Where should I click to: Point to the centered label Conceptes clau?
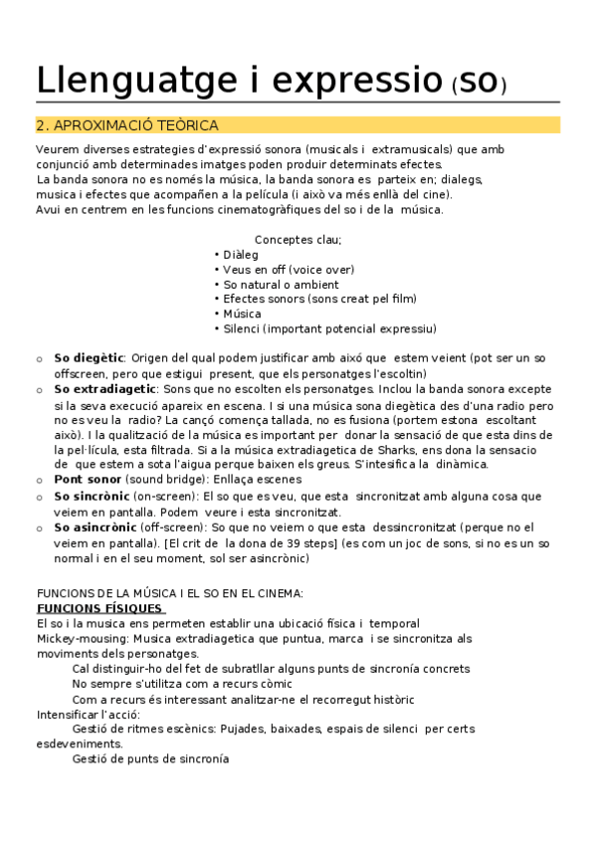[298, 240]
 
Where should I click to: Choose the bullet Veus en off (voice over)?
[289, 270]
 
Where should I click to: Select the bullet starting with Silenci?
[329, 328]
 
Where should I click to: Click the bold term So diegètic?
[89, 357]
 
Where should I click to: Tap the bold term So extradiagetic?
[104, 388]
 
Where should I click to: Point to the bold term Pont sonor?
[89, 480]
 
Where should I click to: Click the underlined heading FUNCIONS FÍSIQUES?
[100, 608]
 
